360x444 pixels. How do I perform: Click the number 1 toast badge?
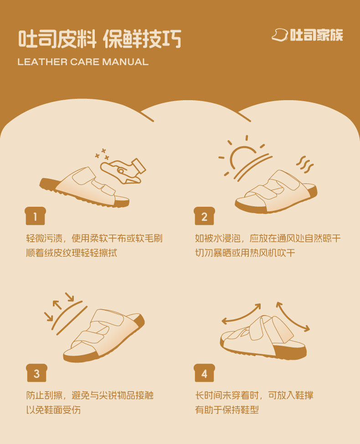35,216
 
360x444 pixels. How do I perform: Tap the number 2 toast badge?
204,216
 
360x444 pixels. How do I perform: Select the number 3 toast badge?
36,373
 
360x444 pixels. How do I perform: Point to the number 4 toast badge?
204,373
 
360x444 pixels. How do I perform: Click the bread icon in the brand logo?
280,35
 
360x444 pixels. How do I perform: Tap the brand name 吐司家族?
316,35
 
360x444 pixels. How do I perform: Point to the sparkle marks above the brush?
103,154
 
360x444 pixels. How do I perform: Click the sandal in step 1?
84,187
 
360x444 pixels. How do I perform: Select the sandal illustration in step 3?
104,336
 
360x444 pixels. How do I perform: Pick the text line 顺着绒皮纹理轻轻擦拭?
72,253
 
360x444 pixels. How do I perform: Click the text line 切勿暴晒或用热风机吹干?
245,253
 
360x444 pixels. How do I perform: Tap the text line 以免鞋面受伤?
53,410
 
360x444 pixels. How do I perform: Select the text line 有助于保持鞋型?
227,410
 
